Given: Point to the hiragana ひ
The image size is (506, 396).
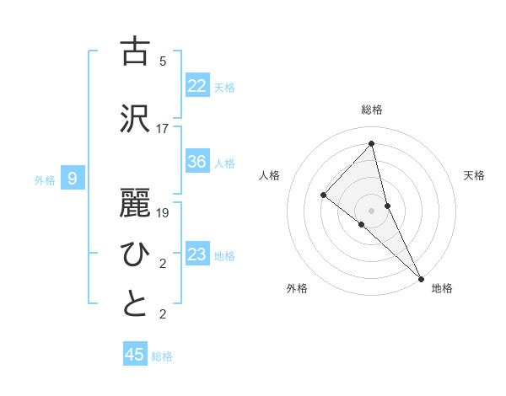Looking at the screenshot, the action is point(135,253).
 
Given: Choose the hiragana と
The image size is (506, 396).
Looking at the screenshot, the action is point(135,304).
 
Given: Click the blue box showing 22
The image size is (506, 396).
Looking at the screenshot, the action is point(197,85).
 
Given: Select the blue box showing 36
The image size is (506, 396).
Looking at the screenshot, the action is point(197,162).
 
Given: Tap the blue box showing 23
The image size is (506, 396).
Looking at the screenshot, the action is point(197,254).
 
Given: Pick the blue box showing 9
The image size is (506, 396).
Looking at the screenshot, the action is point(73,178).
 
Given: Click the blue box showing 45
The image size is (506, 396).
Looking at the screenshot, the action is point(135,355).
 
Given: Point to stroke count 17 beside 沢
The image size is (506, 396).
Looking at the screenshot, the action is point(163,129).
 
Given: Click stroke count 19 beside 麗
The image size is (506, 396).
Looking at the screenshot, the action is point(163,213).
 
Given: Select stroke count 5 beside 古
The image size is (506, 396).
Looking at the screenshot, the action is point(163,62).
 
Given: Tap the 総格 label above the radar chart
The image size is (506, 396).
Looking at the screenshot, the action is point(372,110).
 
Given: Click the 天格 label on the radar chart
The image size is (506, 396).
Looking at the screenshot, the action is point(474,175).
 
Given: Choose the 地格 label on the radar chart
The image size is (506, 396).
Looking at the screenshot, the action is point(442,288).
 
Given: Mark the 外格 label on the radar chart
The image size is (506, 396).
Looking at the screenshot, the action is point(297,288).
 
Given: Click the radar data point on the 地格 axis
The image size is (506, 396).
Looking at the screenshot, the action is point(421,277).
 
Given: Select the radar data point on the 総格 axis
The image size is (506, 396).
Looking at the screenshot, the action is point(372,143).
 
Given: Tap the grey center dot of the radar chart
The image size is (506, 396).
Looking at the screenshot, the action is point(372,209).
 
